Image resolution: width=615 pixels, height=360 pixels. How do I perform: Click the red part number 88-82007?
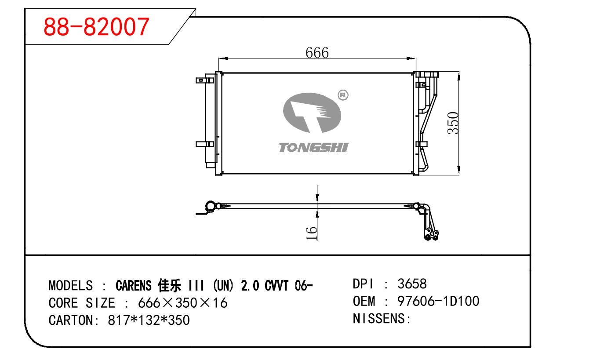(96, 27)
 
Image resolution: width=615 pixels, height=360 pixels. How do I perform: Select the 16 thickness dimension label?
(311, 233)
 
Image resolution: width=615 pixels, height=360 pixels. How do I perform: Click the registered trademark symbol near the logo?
(343, 95)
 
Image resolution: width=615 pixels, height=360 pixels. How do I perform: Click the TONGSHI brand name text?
(313, 148)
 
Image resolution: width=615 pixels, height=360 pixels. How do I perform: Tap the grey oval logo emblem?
(312, 113)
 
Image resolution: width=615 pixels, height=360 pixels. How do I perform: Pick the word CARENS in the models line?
(134, 286)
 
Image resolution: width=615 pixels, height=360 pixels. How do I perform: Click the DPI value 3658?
(412, 284)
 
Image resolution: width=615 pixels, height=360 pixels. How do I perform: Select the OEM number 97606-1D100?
(438, 301)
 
